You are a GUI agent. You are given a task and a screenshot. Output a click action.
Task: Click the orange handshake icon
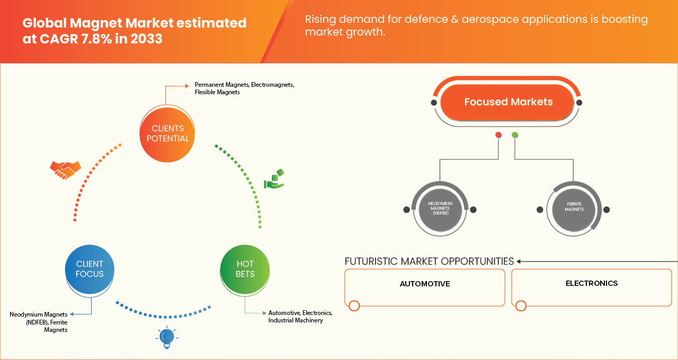tap(65, 170)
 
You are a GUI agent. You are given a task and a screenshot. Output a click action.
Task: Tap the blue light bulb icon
tap(167, 337)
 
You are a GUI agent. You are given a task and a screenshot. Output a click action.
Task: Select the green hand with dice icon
tap(274, 179)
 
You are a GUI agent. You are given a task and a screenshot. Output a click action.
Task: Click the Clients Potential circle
tap(167, 134)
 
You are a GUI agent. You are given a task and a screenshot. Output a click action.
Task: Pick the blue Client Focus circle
tap(90, 269)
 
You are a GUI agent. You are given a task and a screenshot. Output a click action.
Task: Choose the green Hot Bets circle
tap(245, 269)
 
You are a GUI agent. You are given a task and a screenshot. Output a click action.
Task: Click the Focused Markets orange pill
tap(507, 102)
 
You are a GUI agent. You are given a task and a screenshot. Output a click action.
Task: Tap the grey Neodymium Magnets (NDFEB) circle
tap(440, 209)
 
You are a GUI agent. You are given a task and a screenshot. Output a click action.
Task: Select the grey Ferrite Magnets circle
tap(574, 209)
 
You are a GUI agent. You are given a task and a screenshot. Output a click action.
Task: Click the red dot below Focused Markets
tap(498, 134)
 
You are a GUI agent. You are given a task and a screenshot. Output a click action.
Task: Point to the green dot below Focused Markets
tap(515, 134)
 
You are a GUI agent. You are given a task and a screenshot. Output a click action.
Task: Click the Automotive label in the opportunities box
tap(425, 284)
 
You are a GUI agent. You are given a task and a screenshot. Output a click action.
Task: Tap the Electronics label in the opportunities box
tap(592, 283)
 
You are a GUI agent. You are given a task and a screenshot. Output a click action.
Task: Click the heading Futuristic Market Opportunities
tap(429, 261)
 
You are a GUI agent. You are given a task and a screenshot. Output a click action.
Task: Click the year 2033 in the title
tap(147, 39)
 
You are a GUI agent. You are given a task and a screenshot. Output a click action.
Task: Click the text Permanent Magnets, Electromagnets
tap(244, 85)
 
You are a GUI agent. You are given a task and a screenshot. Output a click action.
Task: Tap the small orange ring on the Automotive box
tap(354, 305)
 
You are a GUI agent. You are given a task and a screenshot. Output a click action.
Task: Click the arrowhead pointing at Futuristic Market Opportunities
tap(519, 262)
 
